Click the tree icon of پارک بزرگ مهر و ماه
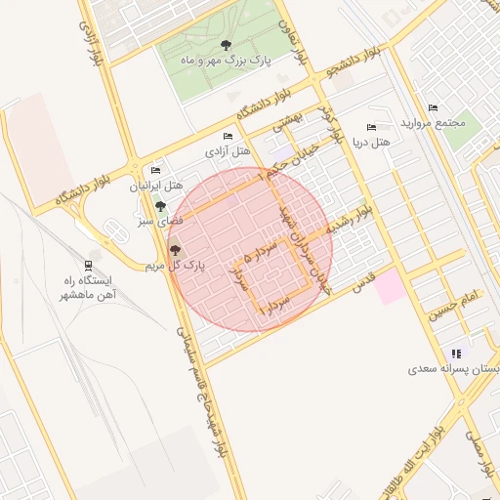tap(227, 45)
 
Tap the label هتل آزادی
tap(228, 152)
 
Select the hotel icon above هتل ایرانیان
tap(156, 171)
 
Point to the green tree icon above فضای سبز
tap(160, 206)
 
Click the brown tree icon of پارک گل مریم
tap(176, 251)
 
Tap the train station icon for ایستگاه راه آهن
tap(89, 264)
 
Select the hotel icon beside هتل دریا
tap(370, 127)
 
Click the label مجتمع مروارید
tap(429, 122)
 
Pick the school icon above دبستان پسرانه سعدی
tap(455, 354)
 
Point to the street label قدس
tap(362, 283)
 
